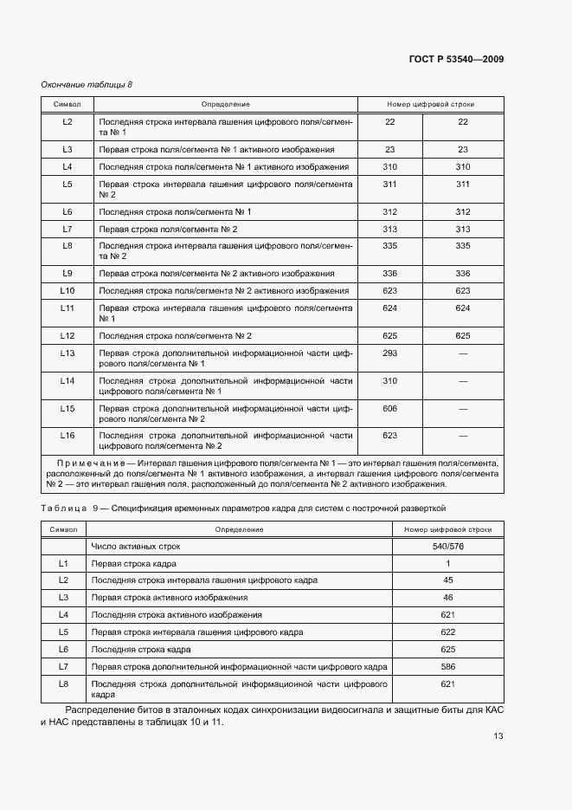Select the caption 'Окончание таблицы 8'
(87, 84)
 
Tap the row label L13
(67, 353)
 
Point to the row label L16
(67, 435)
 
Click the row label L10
(67, 290)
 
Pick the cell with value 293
(389, 353)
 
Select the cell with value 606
(389, 407)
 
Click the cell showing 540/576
(448, 547)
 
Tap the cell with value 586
(448, 666)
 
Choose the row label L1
(63, 564)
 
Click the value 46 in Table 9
(448, 598)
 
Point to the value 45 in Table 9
(448, 580)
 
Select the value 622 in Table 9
(448, 632)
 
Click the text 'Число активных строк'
(136, 547)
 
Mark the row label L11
(67, 308)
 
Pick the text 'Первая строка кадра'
(133, 564)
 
